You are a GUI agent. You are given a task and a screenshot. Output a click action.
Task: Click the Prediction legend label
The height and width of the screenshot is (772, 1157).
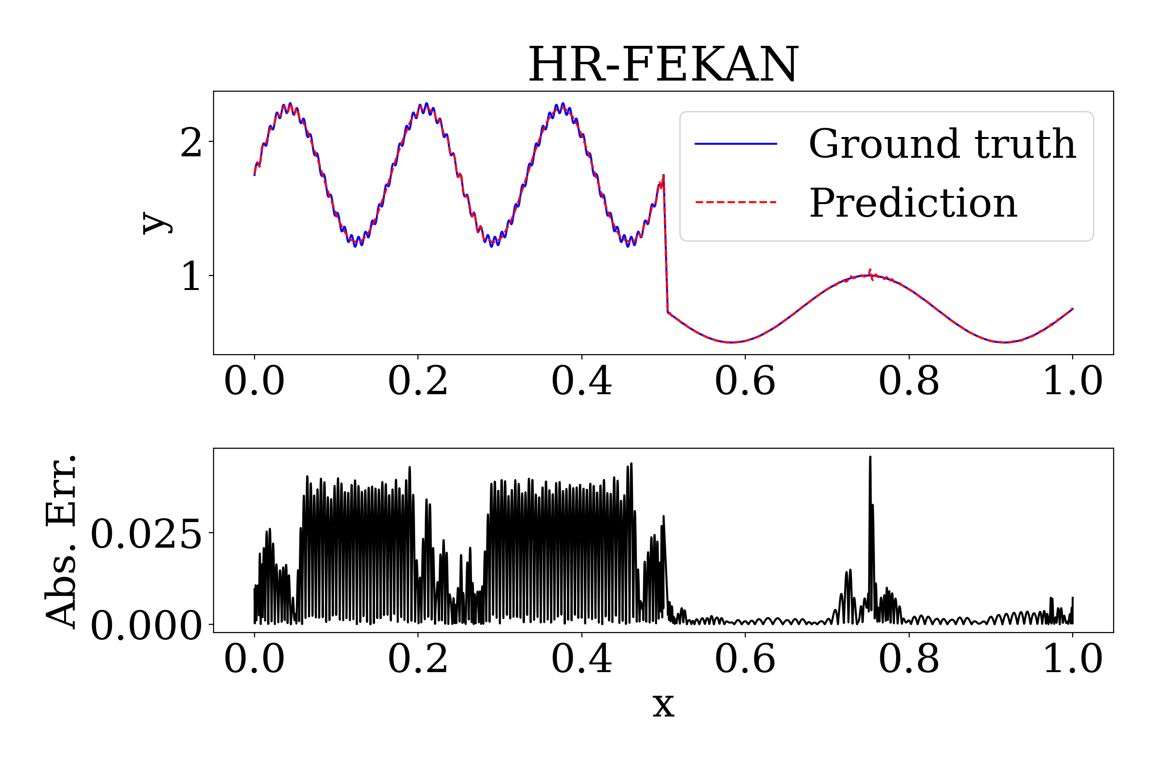click(913, 203)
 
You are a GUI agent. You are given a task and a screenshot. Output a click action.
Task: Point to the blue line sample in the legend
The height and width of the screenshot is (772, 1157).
click(736, 144)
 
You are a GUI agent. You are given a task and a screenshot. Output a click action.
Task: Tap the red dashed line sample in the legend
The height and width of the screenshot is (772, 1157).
click(736, 202)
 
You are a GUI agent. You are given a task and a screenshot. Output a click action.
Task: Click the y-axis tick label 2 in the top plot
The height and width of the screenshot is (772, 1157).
click(191, 142)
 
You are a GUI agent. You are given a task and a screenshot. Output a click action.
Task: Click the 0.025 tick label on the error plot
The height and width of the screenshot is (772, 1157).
click(146, 534)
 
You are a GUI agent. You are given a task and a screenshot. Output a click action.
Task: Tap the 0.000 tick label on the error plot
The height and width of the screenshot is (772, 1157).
click(146, 626)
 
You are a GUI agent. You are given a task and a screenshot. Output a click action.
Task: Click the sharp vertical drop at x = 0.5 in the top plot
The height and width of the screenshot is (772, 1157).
click(666, 246)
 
